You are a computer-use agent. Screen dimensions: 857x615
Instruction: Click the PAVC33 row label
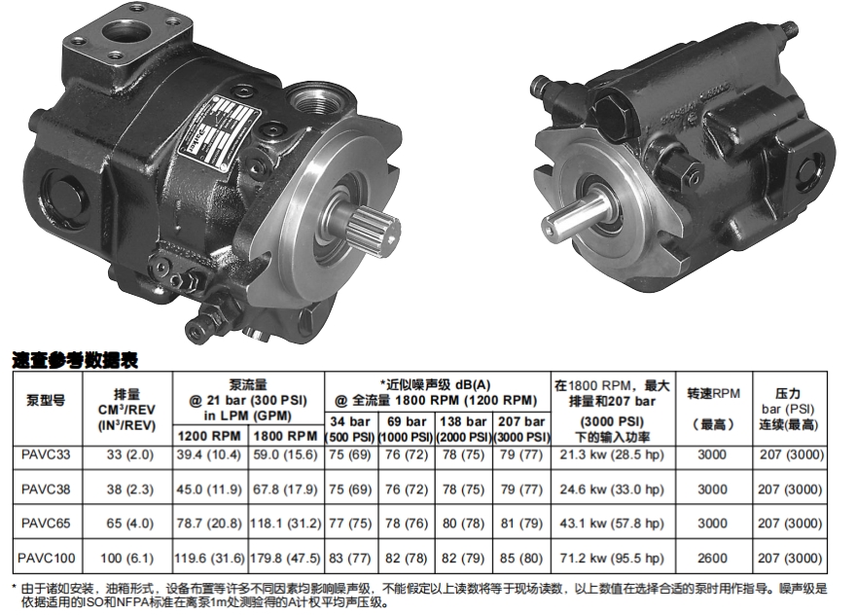coord(46,454)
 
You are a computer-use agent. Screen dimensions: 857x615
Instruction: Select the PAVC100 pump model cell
coord(46,559)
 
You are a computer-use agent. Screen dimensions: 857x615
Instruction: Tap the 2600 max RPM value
coord(712,559)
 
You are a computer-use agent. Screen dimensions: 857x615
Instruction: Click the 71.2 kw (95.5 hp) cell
coord(612,559)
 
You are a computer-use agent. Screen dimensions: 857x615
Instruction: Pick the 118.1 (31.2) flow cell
coord(286,524)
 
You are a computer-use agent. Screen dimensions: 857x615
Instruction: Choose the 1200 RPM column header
coord(209,436)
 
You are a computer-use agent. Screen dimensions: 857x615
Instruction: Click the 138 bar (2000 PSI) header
coord(464,429)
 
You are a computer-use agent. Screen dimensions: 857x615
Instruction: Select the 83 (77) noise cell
coord(350,559)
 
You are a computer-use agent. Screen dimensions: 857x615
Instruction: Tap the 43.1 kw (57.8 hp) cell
coord(612,524)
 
